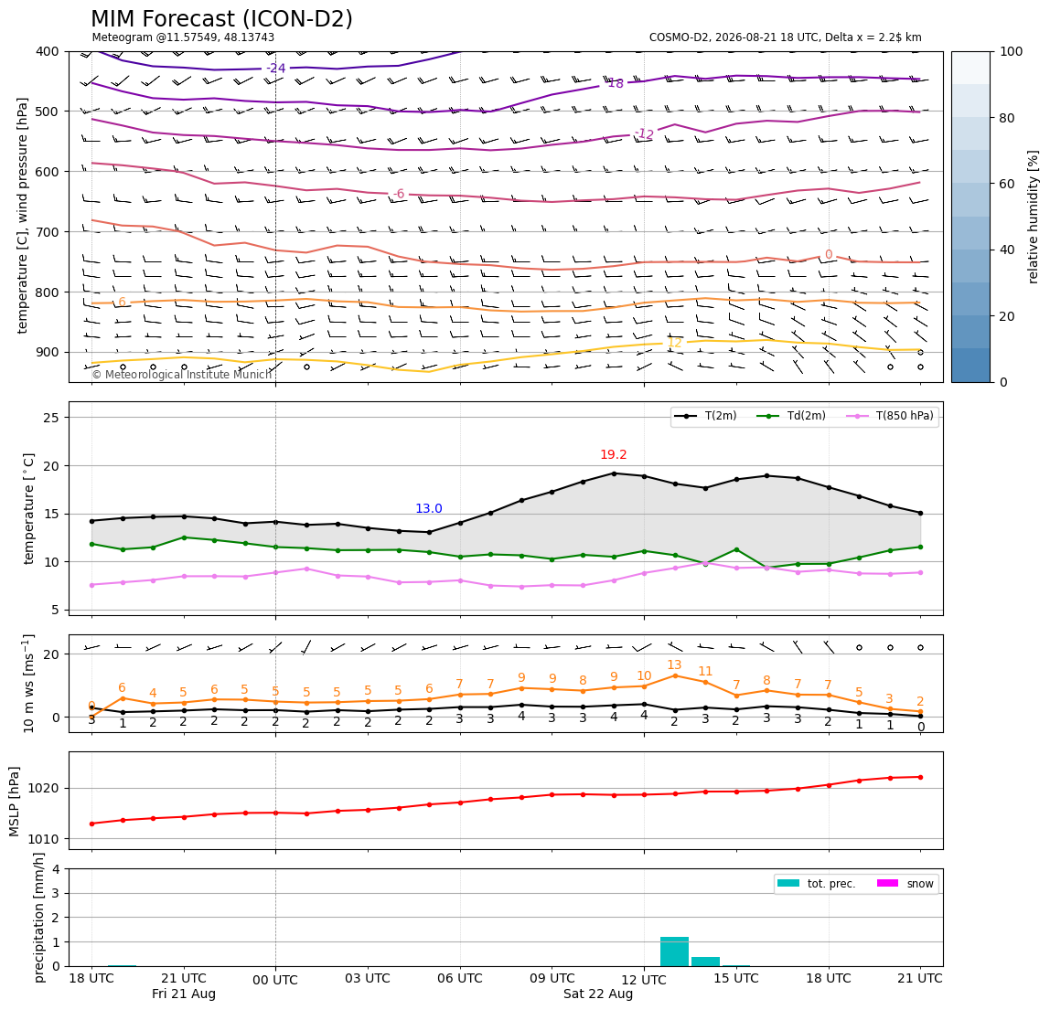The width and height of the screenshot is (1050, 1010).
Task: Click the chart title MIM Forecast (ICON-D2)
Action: click(x=221, y=18)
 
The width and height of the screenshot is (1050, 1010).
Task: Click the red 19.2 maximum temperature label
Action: click(x=614, y=454)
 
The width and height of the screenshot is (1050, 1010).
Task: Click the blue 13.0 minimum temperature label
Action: click(x=429, y=509)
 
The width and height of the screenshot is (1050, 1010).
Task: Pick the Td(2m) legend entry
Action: click(x=791, y=416)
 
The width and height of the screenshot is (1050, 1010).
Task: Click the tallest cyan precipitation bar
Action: click(x=674, y=952)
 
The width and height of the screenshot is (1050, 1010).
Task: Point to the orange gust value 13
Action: click(x=674, y=664)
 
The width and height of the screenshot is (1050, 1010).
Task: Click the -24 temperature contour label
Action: click(x=276, y=68)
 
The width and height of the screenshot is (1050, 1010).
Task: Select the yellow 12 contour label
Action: click(x=674, y=343)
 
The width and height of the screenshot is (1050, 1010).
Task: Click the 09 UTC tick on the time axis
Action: click(x=552, y=978)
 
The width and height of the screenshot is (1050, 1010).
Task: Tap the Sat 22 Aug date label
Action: click(x=598, y=994)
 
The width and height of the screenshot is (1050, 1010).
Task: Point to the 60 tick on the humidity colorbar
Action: click(x=1012, y=184)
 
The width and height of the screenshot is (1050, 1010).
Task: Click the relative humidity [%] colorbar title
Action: click(x=1034, y=217)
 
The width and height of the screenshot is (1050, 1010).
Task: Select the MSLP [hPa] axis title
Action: click(x=14, y=802)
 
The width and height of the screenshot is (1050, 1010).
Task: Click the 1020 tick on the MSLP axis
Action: click(x=44, y=789)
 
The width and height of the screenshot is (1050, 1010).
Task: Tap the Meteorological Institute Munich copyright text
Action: click(x=182, y=374)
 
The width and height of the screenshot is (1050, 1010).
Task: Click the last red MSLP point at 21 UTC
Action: click(x=921, y=777)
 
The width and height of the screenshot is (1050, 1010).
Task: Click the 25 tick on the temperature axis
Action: click(x=52, y=418)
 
